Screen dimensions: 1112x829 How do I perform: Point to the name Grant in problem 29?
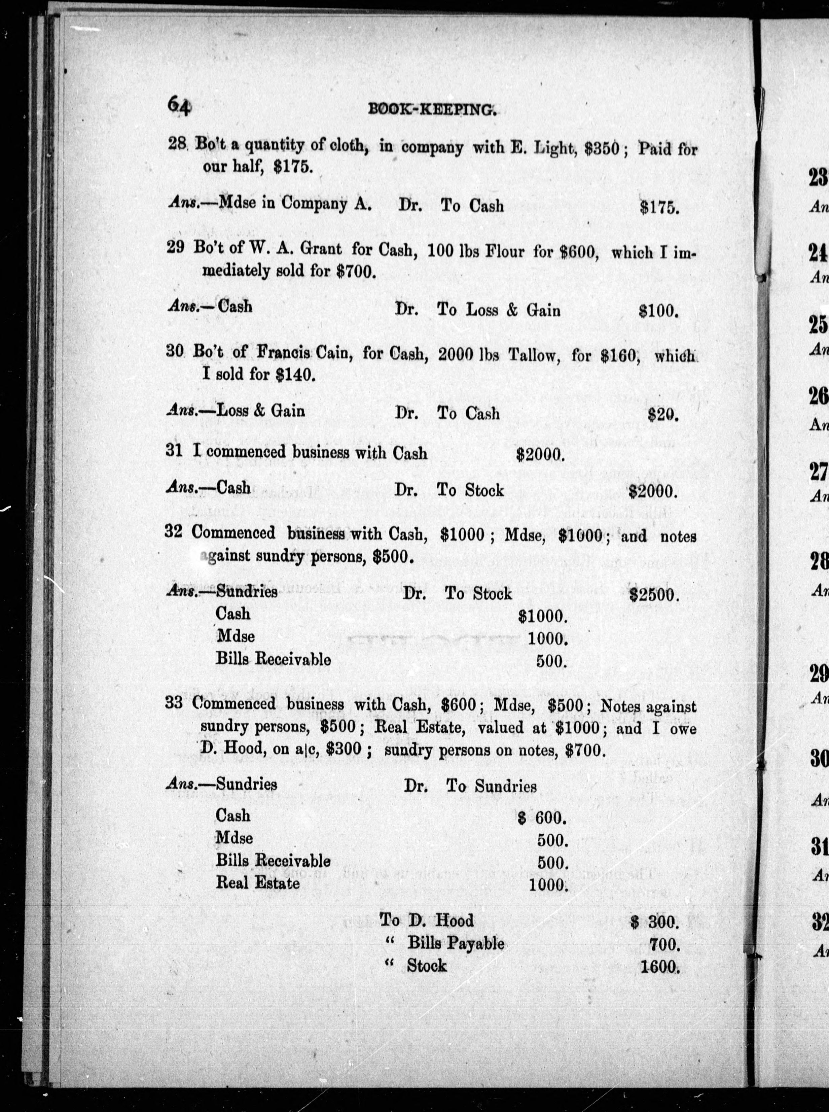coord(319,249)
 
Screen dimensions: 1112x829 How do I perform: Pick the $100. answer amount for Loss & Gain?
coord(658,312)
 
